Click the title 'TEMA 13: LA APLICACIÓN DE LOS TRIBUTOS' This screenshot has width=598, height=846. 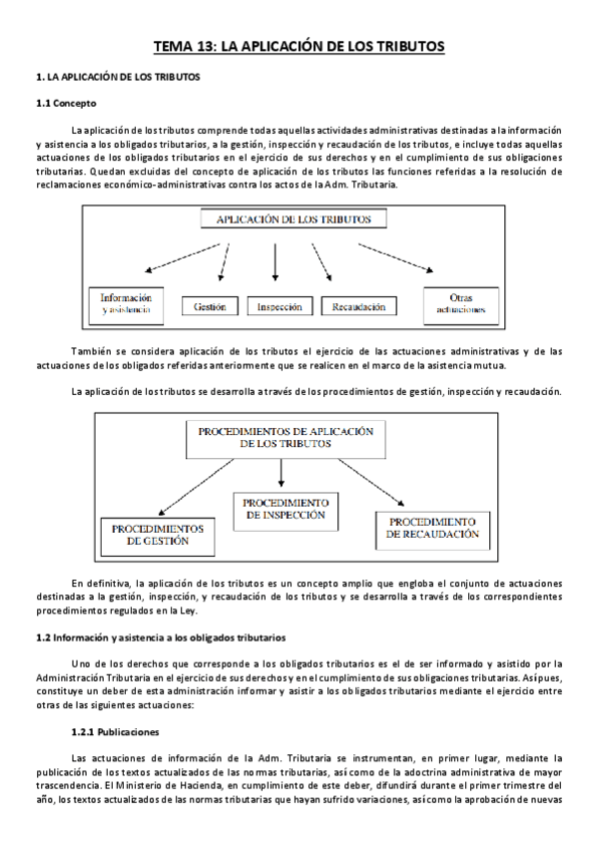[x=299, y=46]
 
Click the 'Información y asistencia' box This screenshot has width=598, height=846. [x=126, y=303]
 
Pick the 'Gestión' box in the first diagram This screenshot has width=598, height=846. [x=211, y=307]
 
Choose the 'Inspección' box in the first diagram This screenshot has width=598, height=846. [x=280, y=307]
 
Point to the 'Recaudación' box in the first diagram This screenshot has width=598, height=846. [x=358, y=307]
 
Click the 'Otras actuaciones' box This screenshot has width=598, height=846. [x=461, y=303]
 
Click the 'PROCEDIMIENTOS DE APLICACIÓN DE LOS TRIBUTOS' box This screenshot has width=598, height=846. [x=285, y=437]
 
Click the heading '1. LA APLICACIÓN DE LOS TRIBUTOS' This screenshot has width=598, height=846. [x=117, y=77]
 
